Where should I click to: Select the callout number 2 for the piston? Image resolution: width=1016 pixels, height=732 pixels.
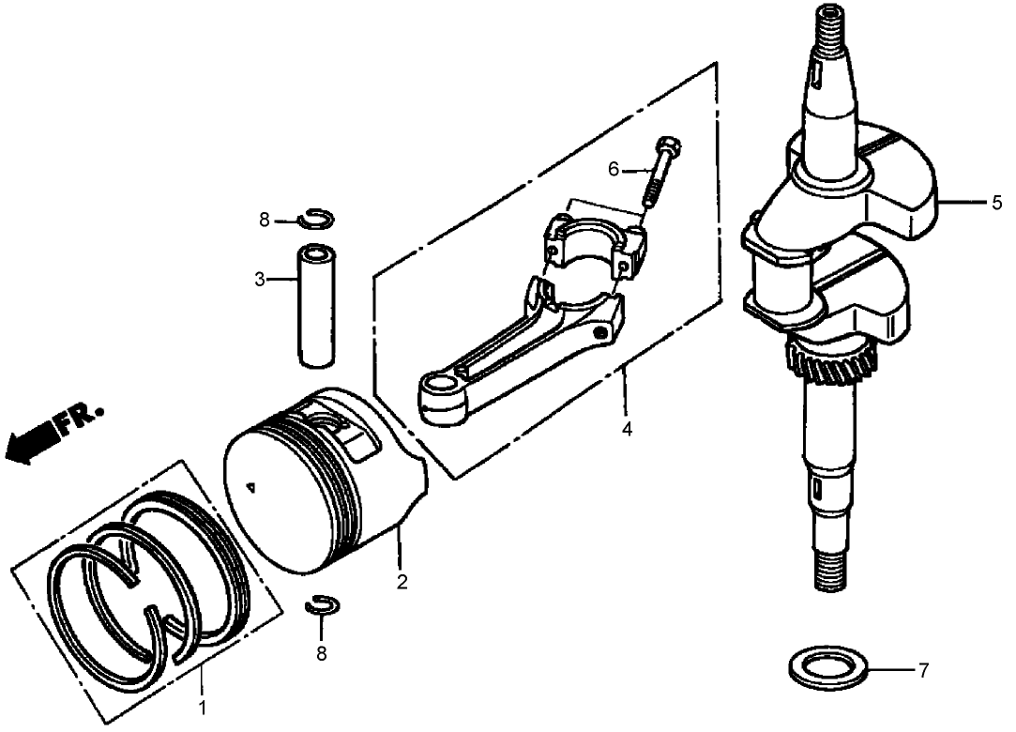tap(402, 582)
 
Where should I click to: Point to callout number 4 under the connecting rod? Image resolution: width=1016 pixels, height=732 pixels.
tap(626, 430)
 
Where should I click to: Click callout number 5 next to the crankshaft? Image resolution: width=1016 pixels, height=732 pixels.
tap(997, 202)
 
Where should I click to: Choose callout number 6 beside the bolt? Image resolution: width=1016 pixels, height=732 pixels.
tap(614, 169)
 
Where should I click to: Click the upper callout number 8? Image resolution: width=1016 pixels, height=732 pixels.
tap(265, 221)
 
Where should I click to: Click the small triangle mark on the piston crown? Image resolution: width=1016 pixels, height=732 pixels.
tap(250, 486)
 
